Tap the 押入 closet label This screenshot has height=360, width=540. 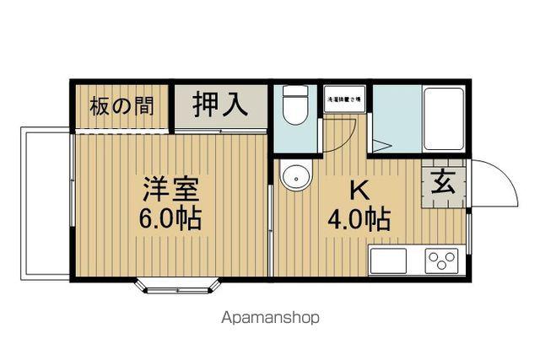pos(220,105)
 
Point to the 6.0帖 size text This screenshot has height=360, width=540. pos(170,219)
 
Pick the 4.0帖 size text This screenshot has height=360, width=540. pos(359,220)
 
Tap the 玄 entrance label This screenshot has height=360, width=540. pos(444,181)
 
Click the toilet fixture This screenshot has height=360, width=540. pos(294,107)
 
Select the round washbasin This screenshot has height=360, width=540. pos(294,178)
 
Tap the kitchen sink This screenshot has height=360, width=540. pos(387,261)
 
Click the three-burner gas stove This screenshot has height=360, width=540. pos(441,261)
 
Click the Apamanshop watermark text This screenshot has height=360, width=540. pos(270,319)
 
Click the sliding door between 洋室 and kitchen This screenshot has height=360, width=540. pos(270,228)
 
